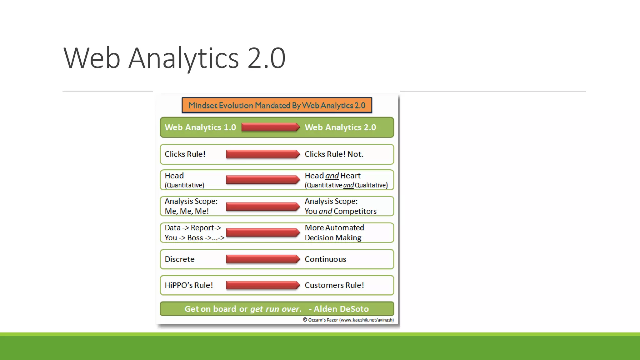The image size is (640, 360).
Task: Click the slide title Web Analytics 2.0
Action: click(x=174, y=58)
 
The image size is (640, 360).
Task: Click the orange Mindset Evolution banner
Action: click(x=277, y=105)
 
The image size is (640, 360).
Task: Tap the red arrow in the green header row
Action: click(x=270, y=127)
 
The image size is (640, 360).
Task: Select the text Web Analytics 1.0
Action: click(x=200, y=127)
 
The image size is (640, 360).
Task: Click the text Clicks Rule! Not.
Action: click(x=334, y=154)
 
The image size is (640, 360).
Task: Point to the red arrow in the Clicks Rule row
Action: click(x=262, y=154)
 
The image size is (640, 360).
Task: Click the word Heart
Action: click(x=350, y=176)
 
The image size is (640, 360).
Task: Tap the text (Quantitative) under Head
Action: click(x=184, y=185)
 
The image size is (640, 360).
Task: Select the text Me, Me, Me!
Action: click(x=187, y=211)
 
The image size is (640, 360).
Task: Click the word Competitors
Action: click(x=355, y=211)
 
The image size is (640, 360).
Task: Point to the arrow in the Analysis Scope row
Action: click(x=262, y=207)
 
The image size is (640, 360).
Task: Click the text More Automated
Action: click(x=334, y=228)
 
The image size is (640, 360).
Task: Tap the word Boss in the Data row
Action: click(x=195, y=238)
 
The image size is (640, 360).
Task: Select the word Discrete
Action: click(x=179, y=259)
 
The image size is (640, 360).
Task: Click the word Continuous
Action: click(x=325, y=259)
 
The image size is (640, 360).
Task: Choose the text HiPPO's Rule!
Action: click(x=188, y=285)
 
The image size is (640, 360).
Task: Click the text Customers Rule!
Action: click(x=334, y=285)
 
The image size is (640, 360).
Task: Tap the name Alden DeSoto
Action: click(x=341, y=309)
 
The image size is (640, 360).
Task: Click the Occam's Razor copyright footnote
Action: click(x=348, y=320)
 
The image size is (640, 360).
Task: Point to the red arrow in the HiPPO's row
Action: click(x=262, y=285)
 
